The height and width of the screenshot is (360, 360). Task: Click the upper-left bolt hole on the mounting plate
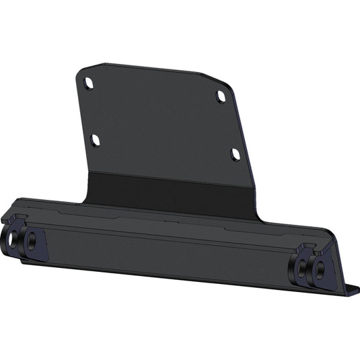pyautogui.click(x=89, y=83)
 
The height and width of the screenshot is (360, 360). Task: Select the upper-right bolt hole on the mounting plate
pyautogui.click(x=221, y=97)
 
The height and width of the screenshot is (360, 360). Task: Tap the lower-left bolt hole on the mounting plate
pyautogui.click(x=96, y=140)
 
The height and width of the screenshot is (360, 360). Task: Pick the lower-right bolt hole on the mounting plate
pyautogui.click(x=236, y=154)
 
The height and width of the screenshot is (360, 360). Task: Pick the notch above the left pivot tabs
pyautogui.click(x=19, y=217)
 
